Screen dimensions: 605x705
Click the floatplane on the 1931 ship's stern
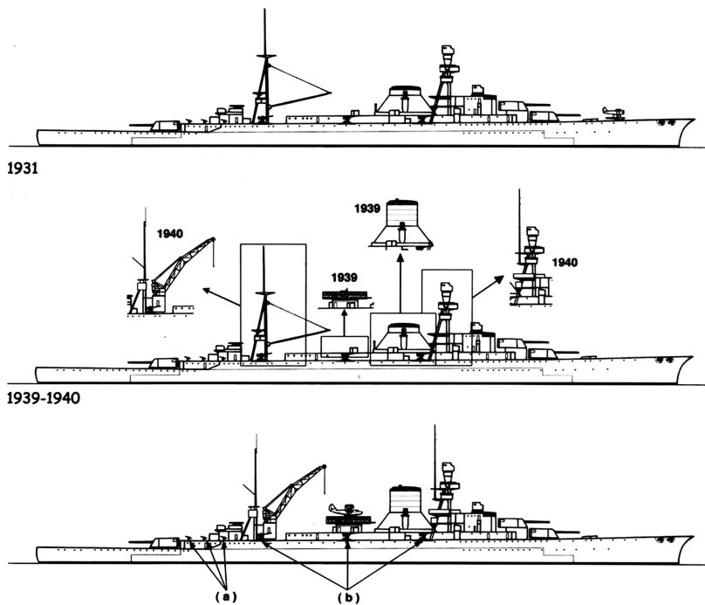(x=613, y=110)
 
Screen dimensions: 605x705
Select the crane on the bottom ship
(x=292, y=493)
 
